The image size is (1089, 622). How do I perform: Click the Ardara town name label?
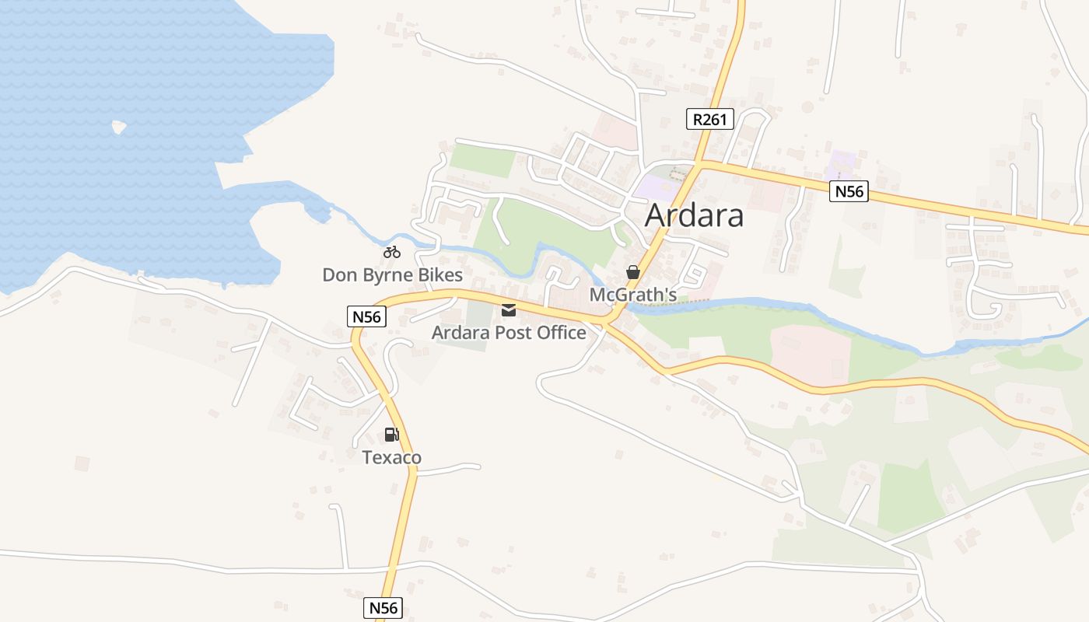click(694, 215)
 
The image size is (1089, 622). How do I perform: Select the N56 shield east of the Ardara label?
click(848, 191)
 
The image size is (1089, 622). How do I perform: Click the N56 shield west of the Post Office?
click(366, 316)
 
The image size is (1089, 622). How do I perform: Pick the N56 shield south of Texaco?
click(384, 607)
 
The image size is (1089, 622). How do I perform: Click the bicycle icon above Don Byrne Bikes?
click(392, 251)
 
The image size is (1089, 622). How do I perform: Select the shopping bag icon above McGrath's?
click(633, 272)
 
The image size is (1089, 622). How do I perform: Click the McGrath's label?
click(632, 295)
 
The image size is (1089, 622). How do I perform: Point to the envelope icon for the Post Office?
click(509, 310)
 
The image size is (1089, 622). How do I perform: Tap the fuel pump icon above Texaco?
click(391, 435)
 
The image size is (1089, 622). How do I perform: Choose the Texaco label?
click(392, 457)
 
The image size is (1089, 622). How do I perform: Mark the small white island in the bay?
click(119, 126)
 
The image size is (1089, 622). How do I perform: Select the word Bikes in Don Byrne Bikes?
click(440, 275)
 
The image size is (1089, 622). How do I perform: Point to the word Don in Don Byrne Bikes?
click(338, 275)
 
